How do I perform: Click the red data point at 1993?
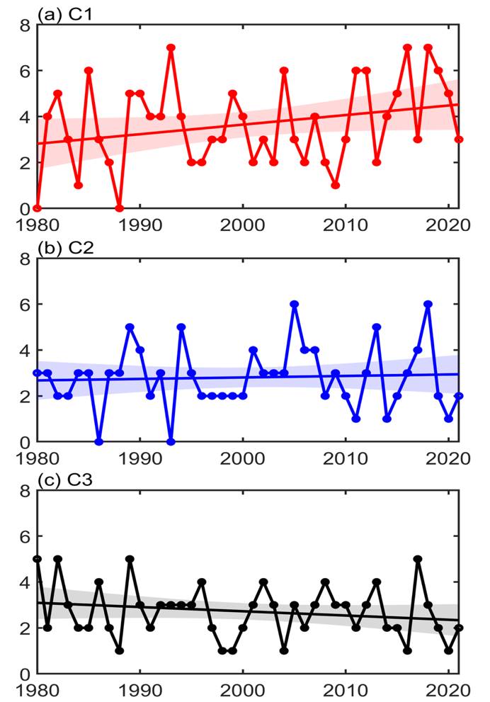tap(171, 48)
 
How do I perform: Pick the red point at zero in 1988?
tap(120, 208)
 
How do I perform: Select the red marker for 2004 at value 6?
tap(284, 71)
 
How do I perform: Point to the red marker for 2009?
tap(336, 186)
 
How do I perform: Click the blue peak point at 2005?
tap(295, 305)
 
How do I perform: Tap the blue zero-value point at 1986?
tap(99, 441)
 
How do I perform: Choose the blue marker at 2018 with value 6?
tap(428, 305)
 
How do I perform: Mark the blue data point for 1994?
tap(181, 327)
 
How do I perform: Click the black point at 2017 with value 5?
tap(418, 559)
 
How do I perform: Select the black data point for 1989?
tap(130, 559)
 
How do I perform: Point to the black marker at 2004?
tap(284, 650)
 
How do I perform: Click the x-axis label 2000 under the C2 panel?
tap(243, 455)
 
